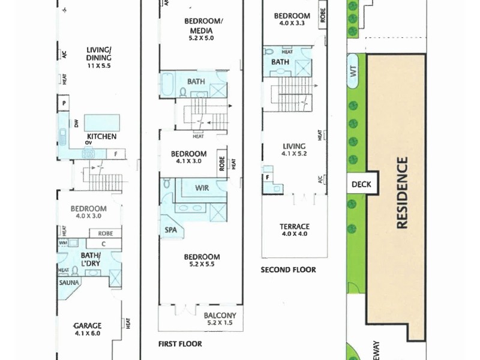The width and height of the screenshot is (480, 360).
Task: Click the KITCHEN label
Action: (101, 136)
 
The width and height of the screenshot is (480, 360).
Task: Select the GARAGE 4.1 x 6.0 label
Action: (88, 329)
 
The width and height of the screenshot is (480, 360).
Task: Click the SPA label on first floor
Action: (170, 229)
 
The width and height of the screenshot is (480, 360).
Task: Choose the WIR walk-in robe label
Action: (202, 188)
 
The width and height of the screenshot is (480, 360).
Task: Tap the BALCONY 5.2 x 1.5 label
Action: (220, 319)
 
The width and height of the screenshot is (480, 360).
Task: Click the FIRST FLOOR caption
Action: (180, 344)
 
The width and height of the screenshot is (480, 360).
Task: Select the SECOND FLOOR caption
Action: (288, 270)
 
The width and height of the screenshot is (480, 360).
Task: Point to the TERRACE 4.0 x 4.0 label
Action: (295, 230)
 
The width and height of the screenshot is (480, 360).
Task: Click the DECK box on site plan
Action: (362, 185)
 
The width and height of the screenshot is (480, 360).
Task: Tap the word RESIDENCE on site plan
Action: (402, 193)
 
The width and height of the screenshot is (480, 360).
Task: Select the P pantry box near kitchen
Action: (64, 104)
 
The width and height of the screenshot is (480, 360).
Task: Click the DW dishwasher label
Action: (76, 124)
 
